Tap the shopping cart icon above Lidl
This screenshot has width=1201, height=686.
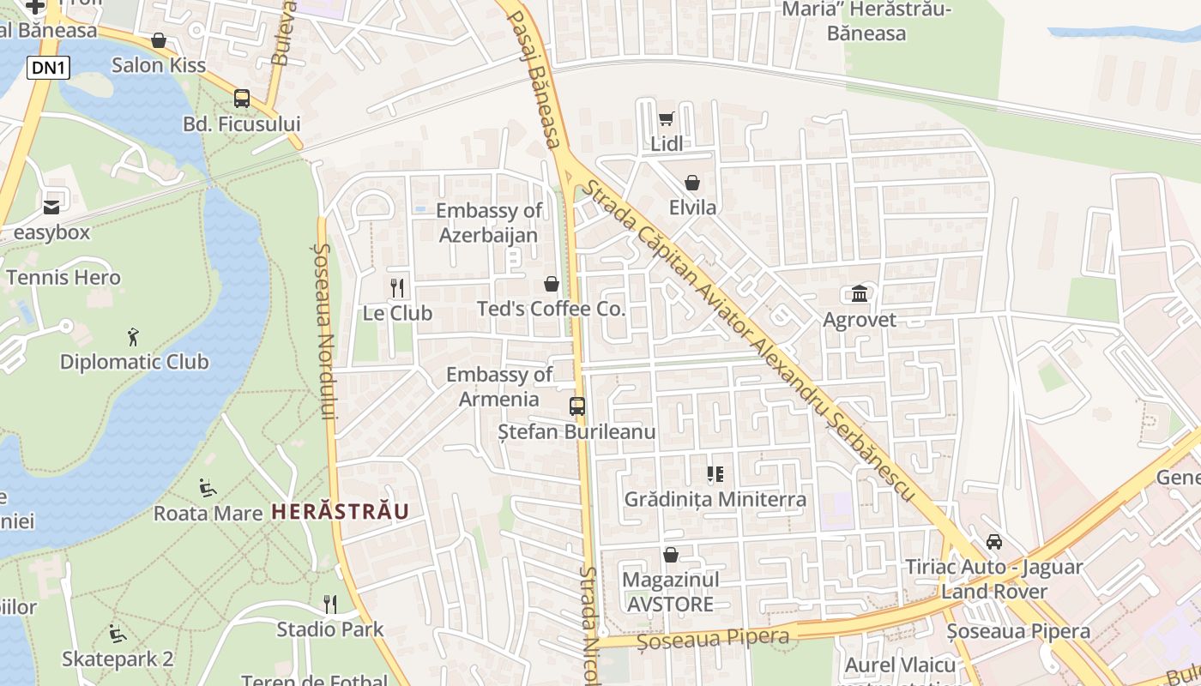click(x=667, y=118)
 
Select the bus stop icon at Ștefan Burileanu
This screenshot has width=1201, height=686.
click(x=577, y=406)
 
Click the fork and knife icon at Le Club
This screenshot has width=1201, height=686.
click(x=396, y=287)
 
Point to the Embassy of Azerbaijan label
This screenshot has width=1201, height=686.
click(x=489, y=223)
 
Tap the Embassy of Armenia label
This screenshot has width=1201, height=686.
click(x=499, y=387)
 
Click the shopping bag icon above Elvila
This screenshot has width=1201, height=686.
click(x=692, y=183)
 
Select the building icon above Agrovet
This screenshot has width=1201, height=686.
click(x=860, y=294)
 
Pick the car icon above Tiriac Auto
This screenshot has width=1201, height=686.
click(x=994, y=541)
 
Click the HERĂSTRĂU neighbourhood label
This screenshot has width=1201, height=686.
click(x=340, y=512)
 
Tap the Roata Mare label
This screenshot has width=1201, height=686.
click(x=208, y=514)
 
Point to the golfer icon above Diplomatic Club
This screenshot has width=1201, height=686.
click(x=133, y=336)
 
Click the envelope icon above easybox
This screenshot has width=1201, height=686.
click(x=51, y=207)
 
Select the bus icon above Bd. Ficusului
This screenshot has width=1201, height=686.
click(x=242, y=99)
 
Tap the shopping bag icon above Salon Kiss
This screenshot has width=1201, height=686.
click(x=159, y=40)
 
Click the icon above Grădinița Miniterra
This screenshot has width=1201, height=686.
click(x=715, y=473)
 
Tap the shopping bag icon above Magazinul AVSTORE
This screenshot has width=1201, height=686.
click(x=671, y=555)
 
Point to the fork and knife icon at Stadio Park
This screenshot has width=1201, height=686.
click(x=330, y=605)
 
